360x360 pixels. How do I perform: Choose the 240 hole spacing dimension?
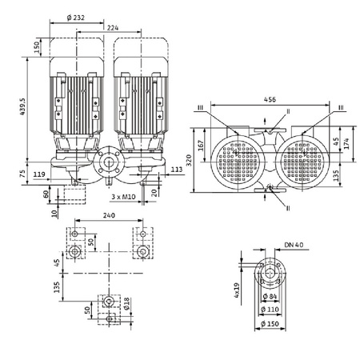[110, 217]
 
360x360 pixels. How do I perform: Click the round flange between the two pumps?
[108, 167]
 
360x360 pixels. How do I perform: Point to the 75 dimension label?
[24, 171]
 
